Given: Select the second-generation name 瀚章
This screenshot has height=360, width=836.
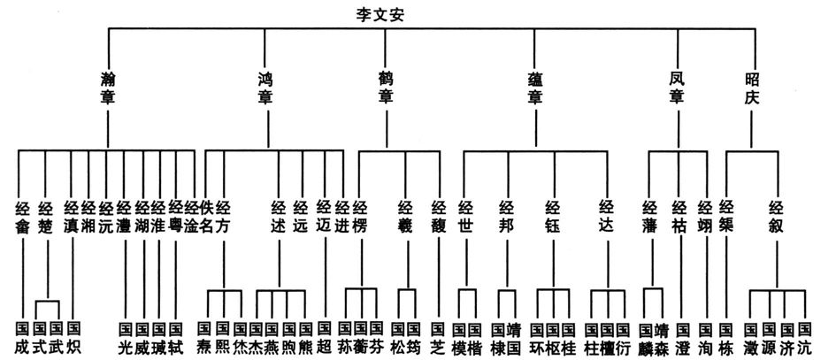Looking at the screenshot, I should [x=109, y=88].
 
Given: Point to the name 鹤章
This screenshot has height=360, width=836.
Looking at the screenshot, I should [x=386, y=88].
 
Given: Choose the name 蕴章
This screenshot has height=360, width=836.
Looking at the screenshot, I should [x=535, y=88].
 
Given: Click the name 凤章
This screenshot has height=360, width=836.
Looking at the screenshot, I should [x=676, y=88].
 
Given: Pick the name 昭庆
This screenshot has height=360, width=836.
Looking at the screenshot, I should [x=751, y=88].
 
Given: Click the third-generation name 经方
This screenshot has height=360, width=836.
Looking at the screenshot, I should [x=223, y=217].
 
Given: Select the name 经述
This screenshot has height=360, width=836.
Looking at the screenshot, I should [x=279, y=217].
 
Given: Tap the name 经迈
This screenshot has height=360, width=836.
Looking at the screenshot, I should [x=325, y=217].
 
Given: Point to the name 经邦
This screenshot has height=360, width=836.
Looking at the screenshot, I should [x=507, y=217].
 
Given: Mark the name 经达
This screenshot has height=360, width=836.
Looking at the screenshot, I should [x=606, y=217].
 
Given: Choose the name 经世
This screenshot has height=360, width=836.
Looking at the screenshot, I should [x=466, y=217].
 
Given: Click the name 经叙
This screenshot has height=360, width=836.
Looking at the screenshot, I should [x=776, y=217].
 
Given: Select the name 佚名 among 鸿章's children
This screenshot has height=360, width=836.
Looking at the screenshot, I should [x=205, y=217].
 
